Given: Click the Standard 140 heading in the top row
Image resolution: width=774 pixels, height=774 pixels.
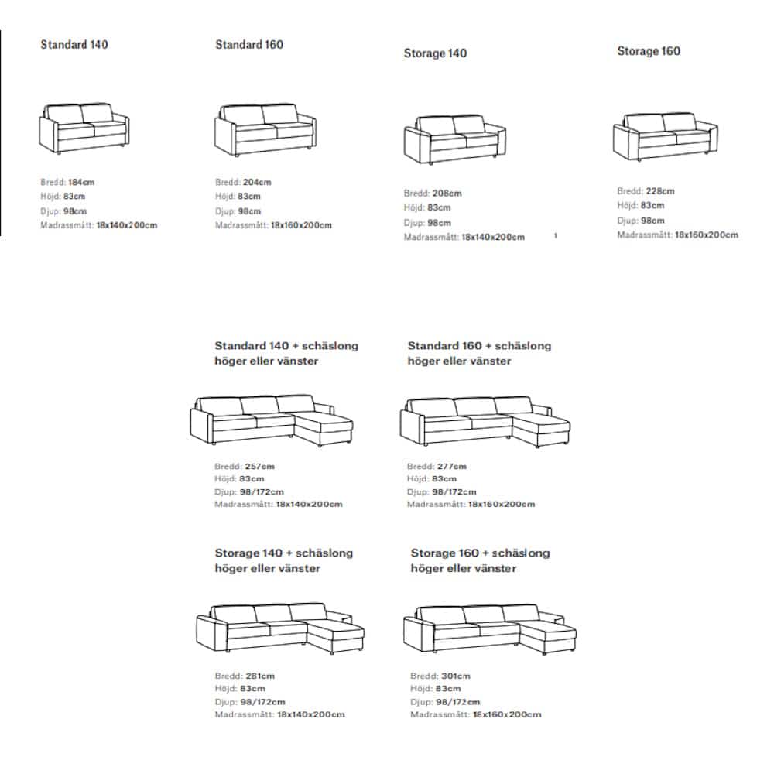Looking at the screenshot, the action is click(74, 44).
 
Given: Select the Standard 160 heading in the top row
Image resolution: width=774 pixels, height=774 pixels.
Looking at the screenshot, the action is click(249, 44).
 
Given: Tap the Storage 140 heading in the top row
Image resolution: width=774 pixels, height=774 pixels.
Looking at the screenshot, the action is click(435, 53).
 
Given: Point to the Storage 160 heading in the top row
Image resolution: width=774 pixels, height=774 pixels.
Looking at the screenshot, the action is click(649, 51).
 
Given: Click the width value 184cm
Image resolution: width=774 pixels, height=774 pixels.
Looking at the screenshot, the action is click(81, 182).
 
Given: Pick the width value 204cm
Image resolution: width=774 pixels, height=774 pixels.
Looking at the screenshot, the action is click(257, 182).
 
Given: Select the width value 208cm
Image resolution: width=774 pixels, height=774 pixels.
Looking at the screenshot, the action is click(447, 193).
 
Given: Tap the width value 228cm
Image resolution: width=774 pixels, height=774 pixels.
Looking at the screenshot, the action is click(660, 191).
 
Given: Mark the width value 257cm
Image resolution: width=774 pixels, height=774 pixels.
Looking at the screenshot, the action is click(259, 467).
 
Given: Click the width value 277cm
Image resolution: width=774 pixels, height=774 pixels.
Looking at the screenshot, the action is click(452, 467).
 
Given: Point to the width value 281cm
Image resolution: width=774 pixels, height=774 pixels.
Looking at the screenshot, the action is click(259, 676).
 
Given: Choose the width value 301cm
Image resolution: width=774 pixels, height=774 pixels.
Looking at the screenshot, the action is click(455, 676).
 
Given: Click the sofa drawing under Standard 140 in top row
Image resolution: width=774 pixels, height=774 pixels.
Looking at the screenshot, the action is click(84, 128).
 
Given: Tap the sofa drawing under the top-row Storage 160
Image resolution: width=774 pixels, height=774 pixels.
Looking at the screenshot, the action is click(666, 137).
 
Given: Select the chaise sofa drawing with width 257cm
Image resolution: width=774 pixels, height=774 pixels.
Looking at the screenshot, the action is click(272, 420).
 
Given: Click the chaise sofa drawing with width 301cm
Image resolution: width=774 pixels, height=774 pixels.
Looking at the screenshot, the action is click(490, 629).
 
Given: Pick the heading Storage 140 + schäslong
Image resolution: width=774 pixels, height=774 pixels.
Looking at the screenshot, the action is click(284, 553).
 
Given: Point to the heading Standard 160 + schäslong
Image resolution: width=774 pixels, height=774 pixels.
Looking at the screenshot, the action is click(479, 346).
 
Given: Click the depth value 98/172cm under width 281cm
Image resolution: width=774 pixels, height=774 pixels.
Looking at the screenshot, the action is click(262, 702).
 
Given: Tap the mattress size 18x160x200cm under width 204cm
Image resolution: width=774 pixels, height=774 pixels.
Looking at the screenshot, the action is click(301, 225).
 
